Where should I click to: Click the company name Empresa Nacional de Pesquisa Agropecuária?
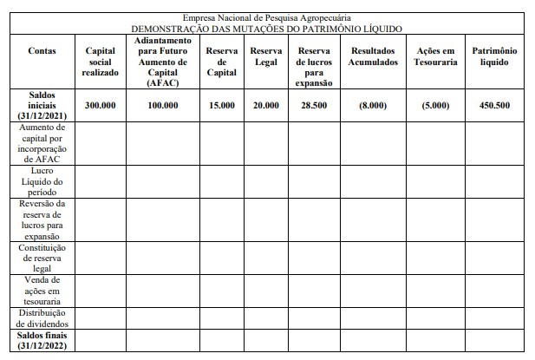coord(267,17)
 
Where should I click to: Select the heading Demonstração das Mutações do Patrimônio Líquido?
coord(267,29)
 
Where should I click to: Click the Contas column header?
coord(42,51)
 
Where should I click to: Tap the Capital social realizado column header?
coord(100,62)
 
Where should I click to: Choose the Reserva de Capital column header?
coord(222,62)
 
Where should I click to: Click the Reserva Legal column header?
coord(266,56)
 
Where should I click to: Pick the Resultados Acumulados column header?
coord(374,56)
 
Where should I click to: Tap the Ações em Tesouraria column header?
coord(436,56)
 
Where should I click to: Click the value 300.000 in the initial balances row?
coord(100,105)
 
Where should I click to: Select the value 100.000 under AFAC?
coord(162,105)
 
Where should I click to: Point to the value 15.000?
coord(222,105)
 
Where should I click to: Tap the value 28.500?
coord(314,105)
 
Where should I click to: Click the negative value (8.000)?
coord(374,105)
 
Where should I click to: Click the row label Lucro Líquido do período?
coord(42,181)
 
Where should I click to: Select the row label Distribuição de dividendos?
coord(42,317)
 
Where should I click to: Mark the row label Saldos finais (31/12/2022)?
coord(42,340)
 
